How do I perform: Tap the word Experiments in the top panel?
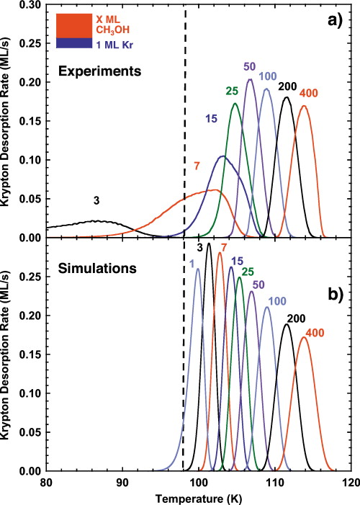[89, 73]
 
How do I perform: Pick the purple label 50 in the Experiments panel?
[250, 66]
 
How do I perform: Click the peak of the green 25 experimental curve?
[235, 104]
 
